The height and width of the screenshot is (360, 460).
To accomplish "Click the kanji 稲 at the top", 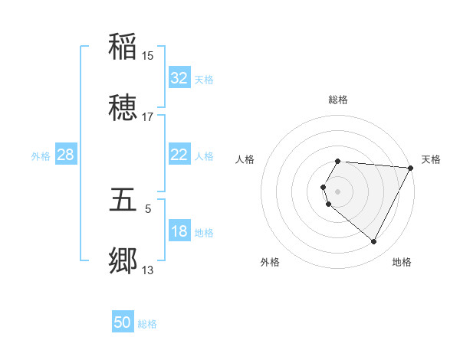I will (x=123, y=45).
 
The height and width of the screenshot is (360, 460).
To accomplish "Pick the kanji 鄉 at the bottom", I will (x=123, y=261).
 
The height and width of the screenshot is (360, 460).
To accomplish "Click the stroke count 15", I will (x=148, y=55).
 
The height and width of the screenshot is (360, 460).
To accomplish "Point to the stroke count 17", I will (x=148, y=117).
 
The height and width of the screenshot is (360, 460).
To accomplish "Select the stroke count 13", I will (x=148, y=270).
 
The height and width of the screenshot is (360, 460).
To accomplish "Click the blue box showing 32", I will (x=179, y=78).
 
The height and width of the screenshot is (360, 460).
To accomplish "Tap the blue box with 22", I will (x=179, y=155).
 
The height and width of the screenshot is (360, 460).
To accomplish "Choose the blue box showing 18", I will (x=179, y=231).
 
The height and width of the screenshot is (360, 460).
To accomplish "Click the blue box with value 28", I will (x=66, y=155).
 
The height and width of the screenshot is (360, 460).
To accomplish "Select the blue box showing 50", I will (x=123, y=322).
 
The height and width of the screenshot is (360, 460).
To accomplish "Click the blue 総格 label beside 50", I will (x=147, y=324).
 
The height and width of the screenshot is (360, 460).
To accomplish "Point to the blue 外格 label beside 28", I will (x=41, y=156).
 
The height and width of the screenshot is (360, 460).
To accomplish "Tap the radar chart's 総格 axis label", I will (x=338, y=100).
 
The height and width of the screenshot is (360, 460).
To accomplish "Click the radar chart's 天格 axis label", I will (x=431, y=159).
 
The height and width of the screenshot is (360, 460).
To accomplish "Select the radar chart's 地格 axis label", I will (x=402, y=262).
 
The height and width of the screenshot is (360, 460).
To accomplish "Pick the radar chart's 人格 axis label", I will (x=245, y=159).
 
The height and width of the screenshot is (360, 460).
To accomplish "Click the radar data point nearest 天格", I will (x=411, y=168).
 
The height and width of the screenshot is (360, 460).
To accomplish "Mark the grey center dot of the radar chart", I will (x=338, y=191).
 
